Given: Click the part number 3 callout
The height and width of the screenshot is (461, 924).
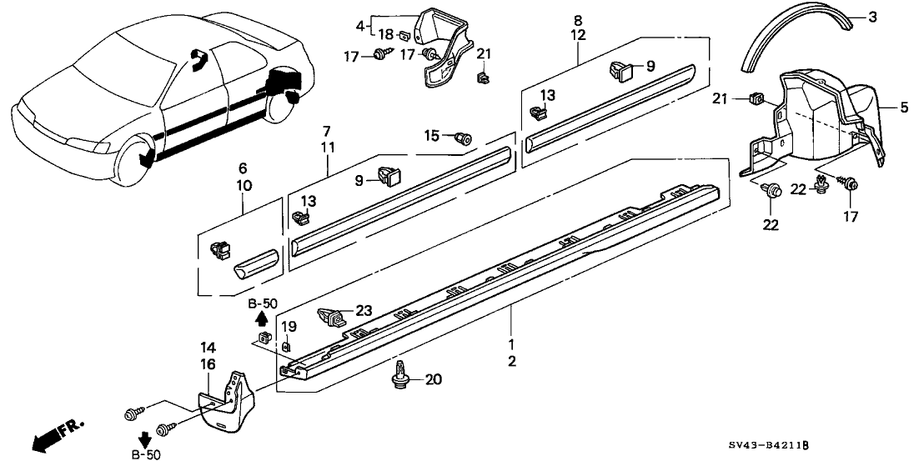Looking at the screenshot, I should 872,18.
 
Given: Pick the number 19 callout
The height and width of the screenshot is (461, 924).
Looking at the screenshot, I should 286,326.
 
